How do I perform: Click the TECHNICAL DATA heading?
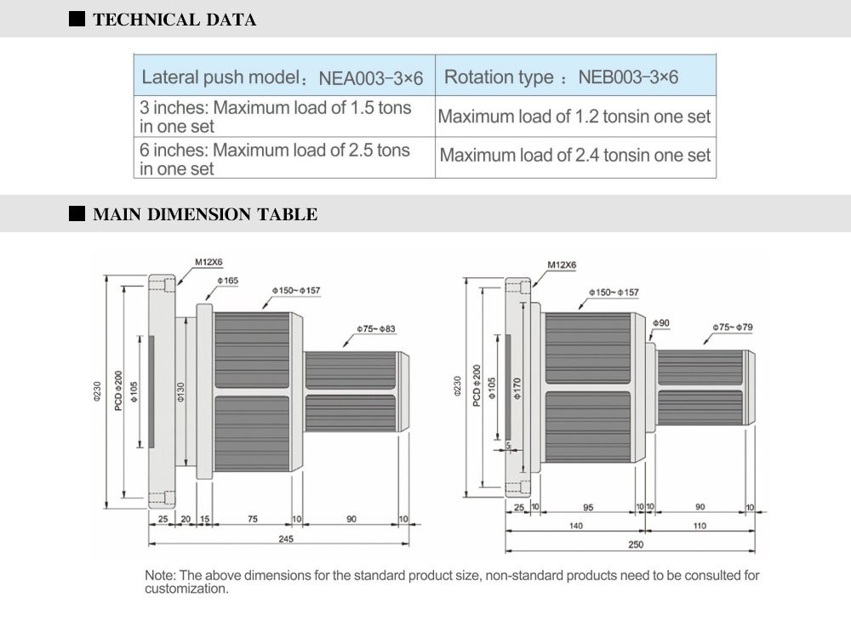point(174,20)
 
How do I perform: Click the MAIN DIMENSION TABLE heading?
point(204,214)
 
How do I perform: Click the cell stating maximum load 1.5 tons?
point(276,117)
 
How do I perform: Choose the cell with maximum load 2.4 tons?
point(575,156)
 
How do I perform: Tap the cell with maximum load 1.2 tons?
point(574,117)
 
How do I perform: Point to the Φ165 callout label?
point(227,281)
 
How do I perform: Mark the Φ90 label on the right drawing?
point(661,323)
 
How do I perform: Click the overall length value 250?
point(635,544)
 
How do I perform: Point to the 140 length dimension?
point(577,526)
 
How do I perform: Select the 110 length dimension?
point(700,526)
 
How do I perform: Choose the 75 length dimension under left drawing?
point(253,518)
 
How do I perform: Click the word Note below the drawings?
point(160,576)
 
